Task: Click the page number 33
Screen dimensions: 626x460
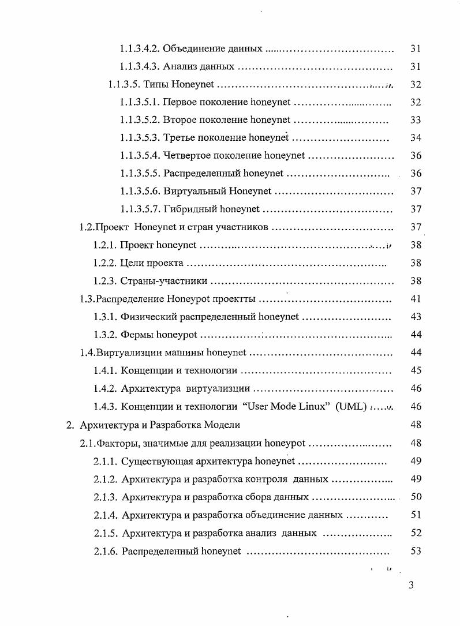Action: click(416, 120)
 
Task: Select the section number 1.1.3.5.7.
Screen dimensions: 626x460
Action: click(140, 209)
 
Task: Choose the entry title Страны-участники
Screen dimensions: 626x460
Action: click(164, 282)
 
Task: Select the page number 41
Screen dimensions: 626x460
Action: click(416, 299)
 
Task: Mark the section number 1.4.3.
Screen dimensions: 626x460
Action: click(105, 407)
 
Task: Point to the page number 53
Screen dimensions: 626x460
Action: click(416, 551)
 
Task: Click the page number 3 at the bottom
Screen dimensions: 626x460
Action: click(411, 586)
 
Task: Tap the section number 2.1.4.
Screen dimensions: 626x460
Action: click(106, 515)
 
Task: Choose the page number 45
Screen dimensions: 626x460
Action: click(416, 371)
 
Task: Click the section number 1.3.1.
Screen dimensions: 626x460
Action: click(105, 317)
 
